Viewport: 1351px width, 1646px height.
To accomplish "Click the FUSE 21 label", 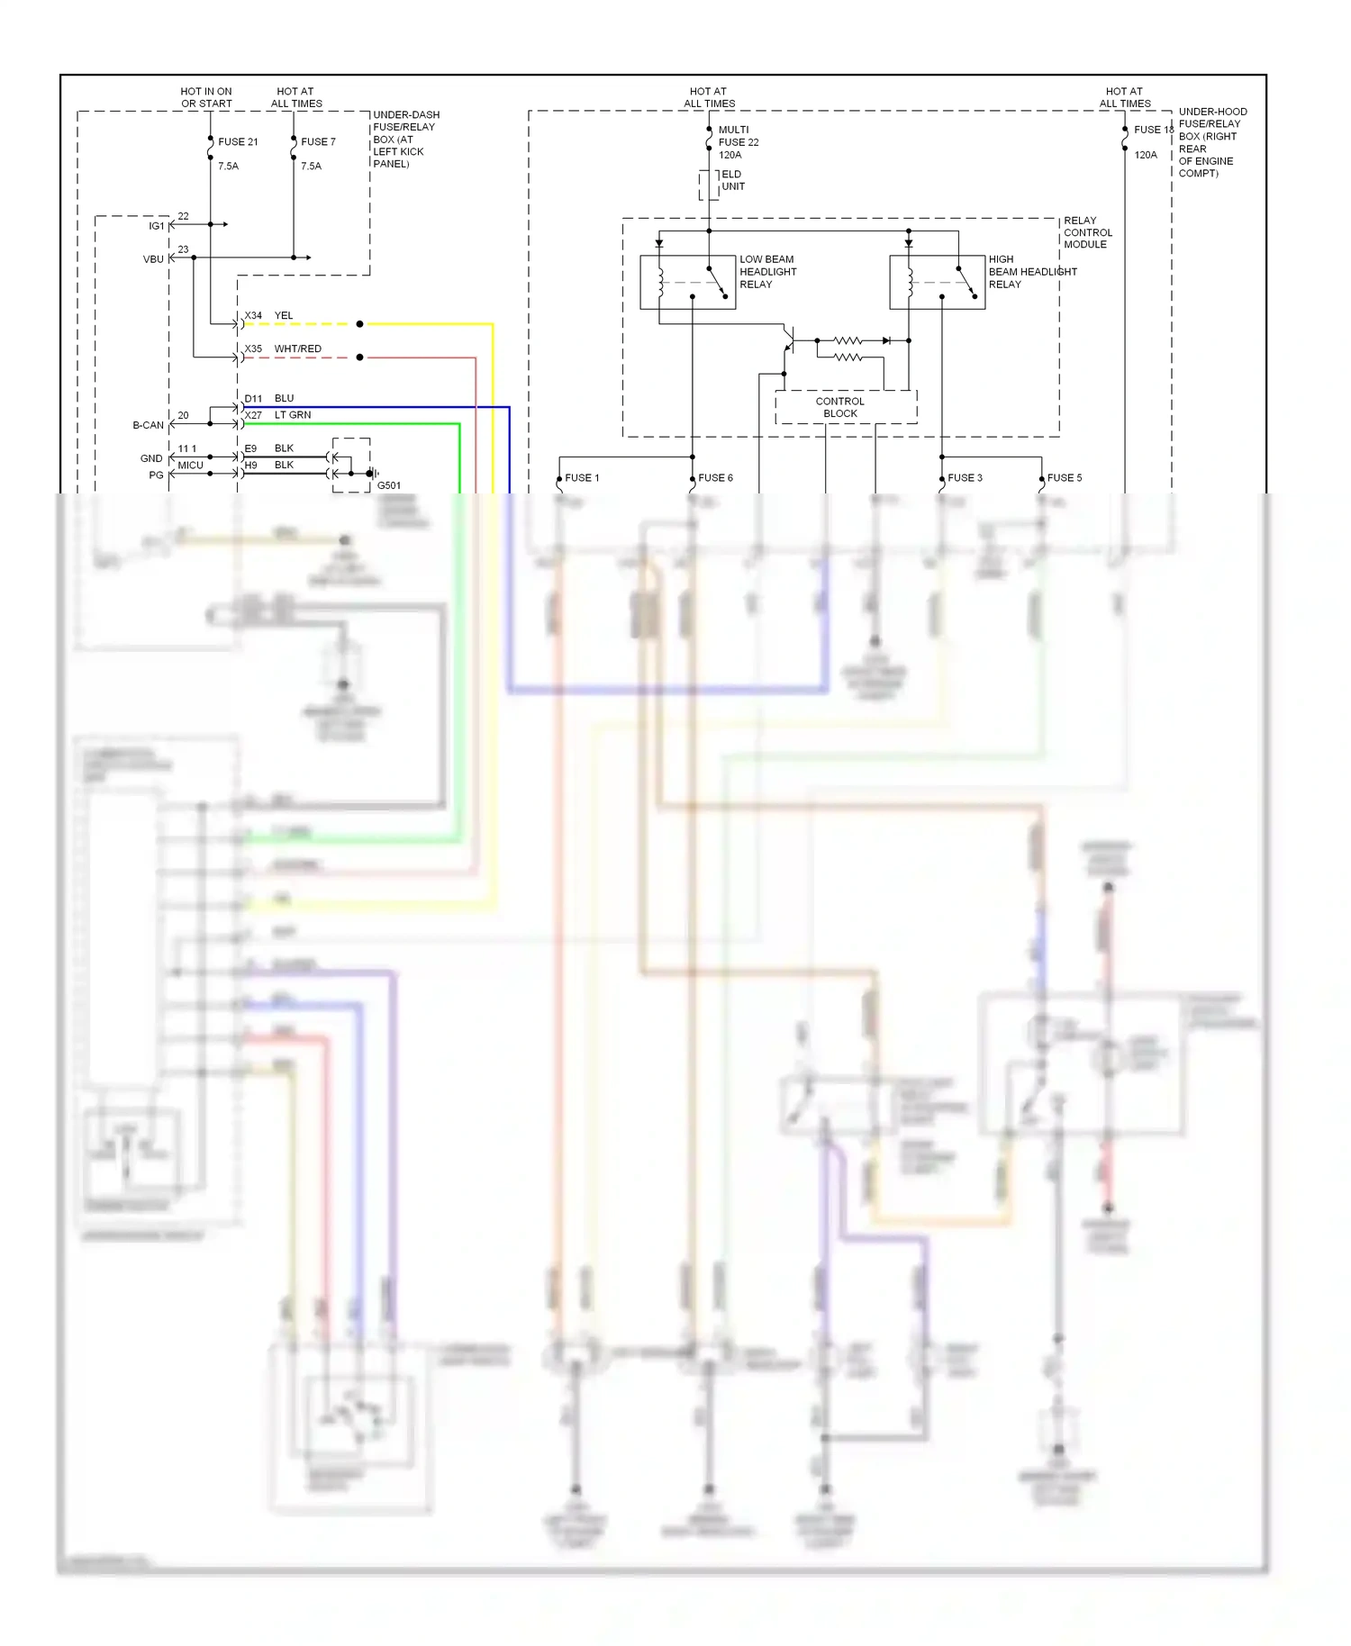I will click(238, 141).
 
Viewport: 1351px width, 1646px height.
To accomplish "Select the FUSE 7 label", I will click(318, 141).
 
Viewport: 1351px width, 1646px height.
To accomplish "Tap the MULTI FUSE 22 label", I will click(738, 141).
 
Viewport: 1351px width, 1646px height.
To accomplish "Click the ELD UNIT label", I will click(732, 180).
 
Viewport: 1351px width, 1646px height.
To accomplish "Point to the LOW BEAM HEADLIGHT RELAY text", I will click(767, 271).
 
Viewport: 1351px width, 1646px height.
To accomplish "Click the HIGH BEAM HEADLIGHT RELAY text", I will click(1031, 271).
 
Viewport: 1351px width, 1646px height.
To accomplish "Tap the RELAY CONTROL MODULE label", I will click(1087, 232).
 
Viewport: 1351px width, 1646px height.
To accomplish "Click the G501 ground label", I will click(388, 485).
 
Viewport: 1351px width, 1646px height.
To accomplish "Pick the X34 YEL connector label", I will click(268, 315).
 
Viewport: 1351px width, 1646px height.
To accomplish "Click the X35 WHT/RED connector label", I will click(282, 348).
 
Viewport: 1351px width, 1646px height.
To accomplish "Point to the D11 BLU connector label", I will click(268, 398).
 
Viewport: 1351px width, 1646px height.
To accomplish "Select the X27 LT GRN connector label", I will click(277, 415).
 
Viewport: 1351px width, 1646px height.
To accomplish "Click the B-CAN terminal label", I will click(148, 425).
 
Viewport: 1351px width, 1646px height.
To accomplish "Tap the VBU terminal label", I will click(153, 259).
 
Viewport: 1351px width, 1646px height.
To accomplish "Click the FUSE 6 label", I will click(715, 477).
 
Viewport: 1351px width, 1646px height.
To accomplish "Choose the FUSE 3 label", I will click(965, 477).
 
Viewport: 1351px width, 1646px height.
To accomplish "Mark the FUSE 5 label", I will click(1064, 477).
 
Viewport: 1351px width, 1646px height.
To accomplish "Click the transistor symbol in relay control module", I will click(789, 340).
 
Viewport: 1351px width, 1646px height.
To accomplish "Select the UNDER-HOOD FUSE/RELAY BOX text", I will click(1211, 142).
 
